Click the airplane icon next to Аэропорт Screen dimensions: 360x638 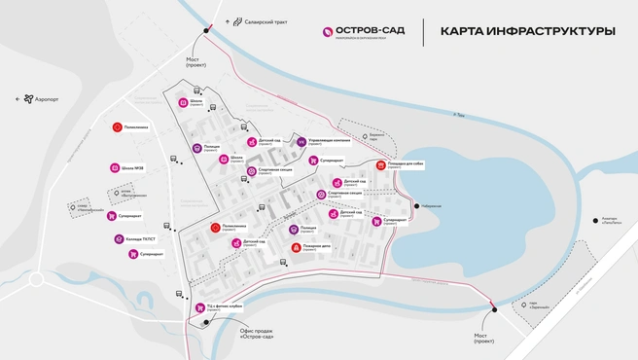[28, 98]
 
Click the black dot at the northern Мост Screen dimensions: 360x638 [206, 31]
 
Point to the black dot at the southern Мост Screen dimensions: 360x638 [494, 310]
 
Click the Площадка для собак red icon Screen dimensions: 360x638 [380, 165]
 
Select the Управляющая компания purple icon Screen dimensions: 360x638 [301, 142]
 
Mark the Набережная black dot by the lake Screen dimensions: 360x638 [416, 205]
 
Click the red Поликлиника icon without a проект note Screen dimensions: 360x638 [117, 127]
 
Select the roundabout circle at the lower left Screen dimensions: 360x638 [37, 278]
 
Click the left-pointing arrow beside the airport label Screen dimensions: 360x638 [17, 98]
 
